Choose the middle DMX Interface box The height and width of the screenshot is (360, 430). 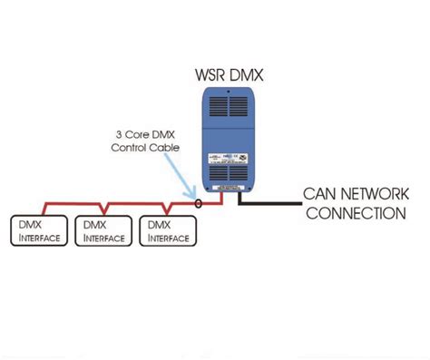[99, 230]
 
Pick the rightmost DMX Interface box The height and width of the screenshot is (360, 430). [165, 230]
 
